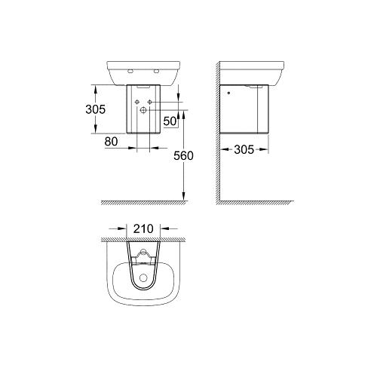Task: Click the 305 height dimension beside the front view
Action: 96,109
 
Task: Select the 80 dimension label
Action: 111,142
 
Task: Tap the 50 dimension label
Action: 170,121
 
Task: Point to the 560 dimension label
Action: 183,156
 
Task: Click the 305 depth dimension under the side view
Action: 244,150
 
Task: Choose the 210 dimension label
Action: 143,229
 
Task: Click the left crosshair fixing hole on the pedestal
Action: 137,102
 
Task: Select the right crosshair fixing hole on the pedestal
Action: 150,102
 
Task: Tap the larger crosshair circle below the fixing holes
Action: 143,110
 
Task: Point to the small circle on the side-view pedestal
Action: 228,93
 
